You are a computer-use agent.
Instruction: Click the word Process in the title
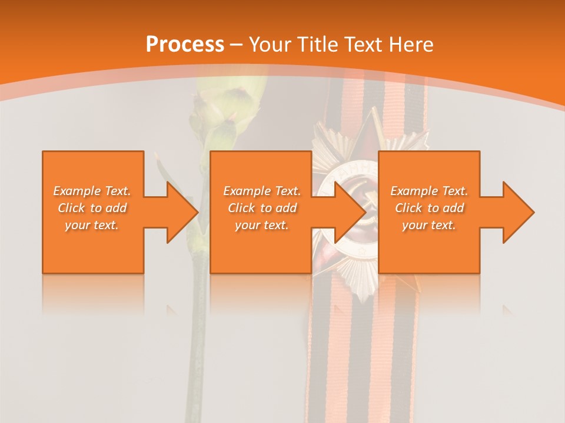(185, 44)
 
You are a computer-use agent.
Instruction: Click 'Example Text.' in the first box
(92, 191)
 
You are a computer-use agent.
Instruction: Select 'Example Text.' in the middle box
(262, 191)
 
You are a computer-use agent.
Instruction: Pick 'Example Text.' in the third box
(429, 191)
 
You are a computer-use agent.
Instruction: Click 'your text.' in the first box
(92, 225)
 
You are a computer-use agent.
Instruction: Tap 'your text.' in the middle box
(262, 225)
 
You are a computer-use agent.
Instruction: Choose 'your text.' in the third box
(429, 225)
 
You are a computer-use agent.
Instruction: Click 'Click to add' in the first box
(92, 208)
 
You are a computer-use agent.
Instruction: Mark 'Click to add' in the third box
(429, 208)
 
